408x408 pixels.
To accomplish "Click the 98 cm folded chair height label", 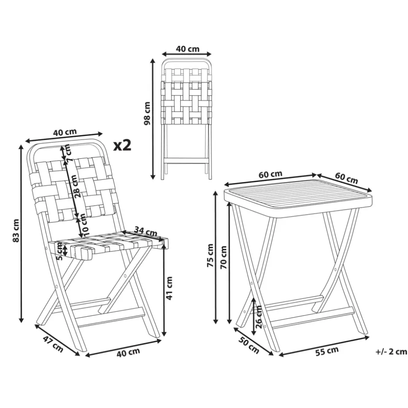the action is point(147,114).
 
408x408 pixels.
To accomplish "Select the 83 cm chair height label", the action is point(16,231).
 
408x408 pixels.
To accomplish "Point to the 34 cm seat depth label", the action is point(146,231).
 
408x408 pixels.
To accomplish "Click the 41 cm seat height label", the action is point(169,288).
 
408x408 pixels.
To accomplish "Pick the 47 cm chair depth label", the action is point(53,344).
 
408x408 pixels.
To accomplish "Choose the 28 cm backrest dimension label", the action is point(76,186).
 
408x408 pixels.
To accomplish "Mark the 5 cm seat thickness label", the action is point(60,251).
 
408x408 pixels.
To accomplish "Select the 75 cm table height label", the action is point(210,255).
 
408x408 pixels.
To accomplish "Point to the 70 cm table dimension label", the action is point(223,258).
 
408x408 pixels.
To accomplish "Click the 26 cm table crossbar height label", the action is point(259,317).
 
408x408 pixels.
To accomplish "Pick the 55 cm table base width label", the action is point(327,351).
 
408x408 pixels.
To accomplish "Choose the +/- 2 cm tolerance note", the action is point(391,352).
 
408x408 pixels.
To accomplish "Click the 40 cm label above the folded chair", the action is point(188,49).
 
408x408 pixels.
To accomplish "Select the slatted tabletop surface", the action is point(298,196).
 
